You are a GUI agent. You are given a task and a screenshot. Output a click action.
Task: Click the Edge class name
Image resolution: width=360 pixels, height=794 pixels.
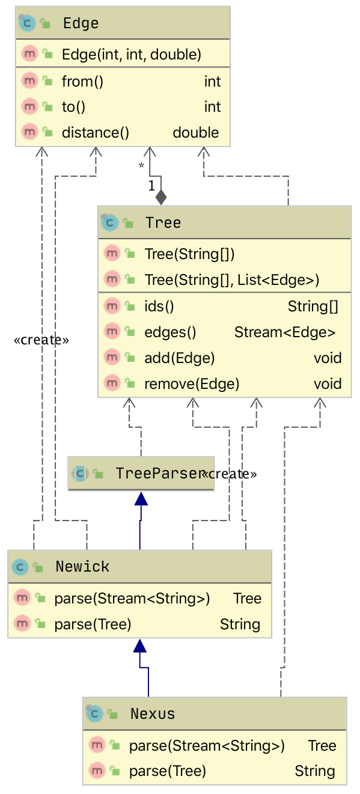(x=81, y=23)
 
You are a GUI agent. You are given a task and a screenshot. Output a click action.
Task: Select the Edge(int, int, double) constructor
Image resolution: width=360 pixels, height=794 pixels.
(x=132, y=55)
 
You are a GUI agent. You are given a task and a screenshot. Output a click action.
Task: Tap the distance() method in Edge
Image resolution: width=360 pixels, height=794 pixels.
(x=96, y=133)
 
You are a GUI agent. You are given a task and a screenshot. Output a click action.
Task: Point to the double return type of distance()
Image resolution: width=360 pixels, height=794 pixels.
(x=195, y=133)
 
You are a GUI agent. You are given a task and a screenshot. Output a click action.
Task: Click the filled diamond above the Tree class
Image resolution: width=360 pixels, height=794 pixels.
(x=161, y=197)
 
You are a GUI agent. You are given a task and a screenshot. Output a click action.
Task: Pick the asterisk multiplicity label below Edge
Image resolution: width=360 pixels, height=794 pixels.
(x=141, y=165)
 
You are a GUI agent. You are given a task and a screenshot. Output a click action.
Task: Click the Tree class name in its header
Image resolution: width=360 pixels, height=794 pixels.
(x=163, y=223)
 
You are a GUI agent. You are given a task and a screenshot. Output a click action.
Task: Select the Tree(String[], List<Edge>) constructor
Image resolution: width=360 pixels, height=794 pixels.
(x=232, y=280)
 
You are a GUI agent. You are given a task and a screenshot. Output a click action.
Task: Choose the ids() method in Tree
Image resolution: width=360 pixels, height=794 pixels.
(x=159, y=307)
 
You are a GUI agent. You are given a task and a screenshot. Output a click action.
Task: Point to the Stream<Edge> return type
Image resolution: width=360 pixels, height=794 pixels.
(x=285, y=332)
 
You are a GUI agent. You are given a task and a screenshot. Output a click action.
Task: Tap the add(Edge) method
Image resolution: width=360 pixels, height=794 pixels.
(x=180, y=358)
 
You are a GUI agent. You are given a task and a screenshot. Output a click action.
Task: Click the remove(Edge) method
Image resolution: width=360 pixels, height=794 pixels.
(x=192, y=384)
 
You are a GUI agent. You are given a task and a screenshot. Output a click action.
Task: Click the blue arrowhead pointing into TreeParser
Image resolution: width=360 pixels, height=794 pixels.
(x=141, y=498)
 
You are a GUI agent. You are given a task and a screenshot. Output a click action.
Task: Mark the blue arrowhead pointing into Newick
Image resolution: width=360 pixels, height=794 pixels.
(x=140, y=646)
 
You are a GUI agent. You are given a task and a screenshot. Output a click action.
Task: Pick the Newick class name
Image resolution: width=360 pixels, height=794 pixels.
(x=82, y=566)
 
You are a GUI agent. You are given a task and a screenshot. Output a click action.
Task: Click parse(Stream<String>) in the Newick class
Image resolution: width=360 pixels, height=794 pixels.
(x=132, y=598)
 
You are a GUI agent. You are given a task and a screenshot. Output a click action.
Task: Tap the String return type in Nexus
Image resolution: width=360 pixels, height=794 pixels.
(x=315, y=771)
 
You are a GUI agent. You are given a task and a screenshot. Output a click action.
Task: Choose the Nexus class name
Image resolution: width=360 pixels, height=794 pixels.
(x=153, y=713)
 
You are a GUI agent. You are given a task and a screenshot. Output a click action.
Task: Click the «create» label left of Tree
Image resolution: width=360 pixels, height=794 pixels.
(x=41, y=340)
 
